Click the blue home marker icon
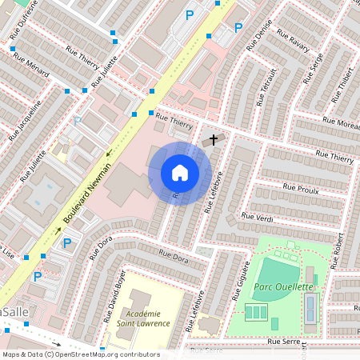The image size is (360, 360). (x=180, y=173)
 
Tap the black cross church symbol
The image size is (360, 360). (x=213, y=140)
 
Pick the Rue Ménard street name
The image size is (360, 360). (x=31, y=68)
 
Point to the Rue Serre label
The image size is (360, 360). (x=284, y=342)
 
